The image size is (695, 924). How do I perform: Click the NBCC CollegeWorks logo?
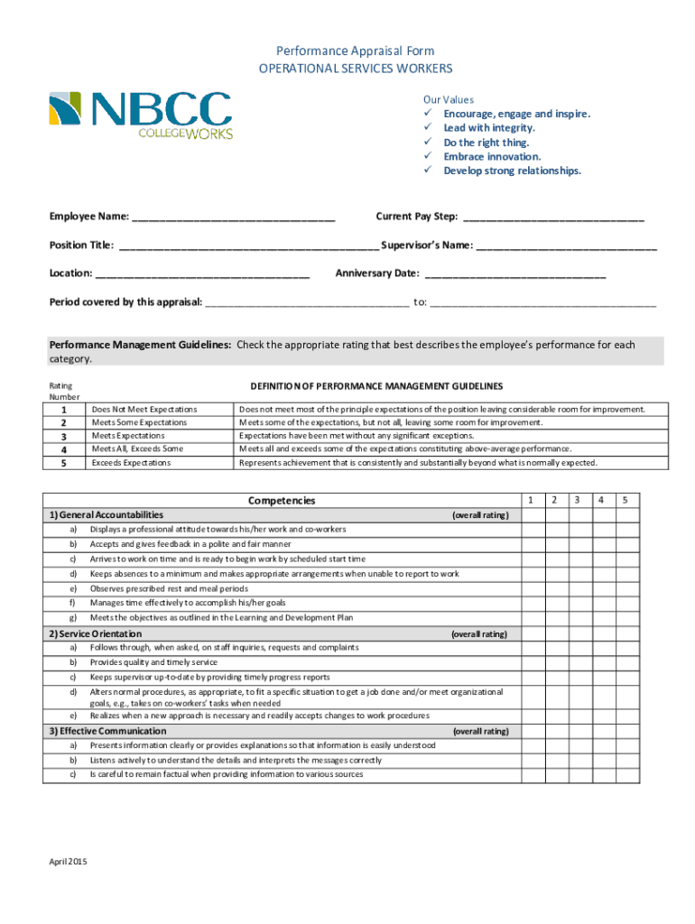[x=140, y=115]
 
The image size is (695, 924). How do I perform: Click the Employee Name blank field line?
[x=234, y=221]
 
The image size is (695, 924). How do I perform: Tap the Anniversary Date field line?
[x=514, y=274]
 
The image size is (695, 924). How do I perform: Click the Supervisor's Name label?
[x=427, y=245]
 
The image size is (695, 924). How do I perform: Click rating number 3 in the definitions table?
[x=63, y=436]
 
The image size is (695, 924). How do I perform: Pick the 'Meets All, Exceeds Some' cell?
[x=137, y=449]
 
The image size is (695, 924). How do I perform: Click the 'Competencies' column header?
[x=282, y=501]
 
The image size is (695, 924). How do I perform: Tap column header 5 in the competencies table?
[x=625, y=500]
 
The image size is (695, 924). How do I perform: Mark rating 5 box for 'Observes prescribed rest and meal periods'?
[x=625, y=588]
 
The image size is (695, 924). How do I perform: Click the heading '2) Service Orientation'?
[x=95, y=633]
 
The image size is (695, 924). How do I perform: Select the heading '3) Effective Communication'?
[x=107, y=731]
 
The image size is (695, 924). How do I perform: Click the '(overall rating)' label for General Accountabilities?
[x=479, y=515]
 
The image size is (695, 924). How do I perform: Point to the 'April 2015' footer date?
[x=68, y=862]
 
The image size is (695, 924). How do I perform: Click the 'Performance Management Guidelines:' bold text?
[x=140, y=345]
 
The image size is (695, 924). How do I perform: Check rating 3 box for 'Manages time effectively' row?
[x=578, y=603]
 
